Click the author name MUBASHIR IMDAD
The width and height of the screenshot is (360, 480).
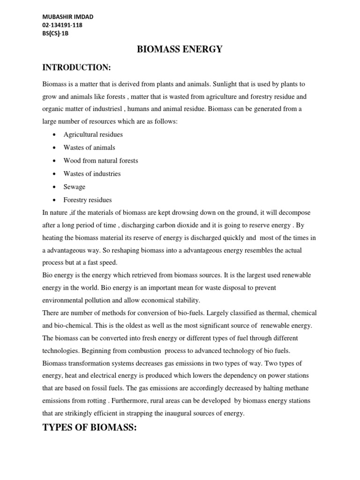click(67, 17)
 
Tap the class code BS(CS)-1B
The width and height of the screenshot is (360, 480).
click(56, 34)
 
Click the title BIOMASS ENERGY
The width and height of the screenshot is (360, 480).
click(180, 49)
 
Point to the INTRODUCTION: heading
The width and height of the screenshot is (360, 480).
click(76, 68)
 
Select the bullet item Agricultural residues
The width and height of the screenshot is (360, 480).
click(93, 135)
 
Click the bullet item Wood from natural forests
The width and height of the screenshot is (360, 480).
click(101, 161)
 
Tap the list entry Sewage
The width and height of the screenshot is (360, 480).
click(75, 187)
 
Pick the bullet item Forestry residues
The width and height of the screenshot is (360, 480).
click(88, 200)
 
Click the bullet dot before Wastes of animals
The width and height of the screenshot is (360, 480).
click(55, 148)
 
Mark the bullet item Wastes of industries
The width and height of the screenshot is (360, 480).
click(92, 174)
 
